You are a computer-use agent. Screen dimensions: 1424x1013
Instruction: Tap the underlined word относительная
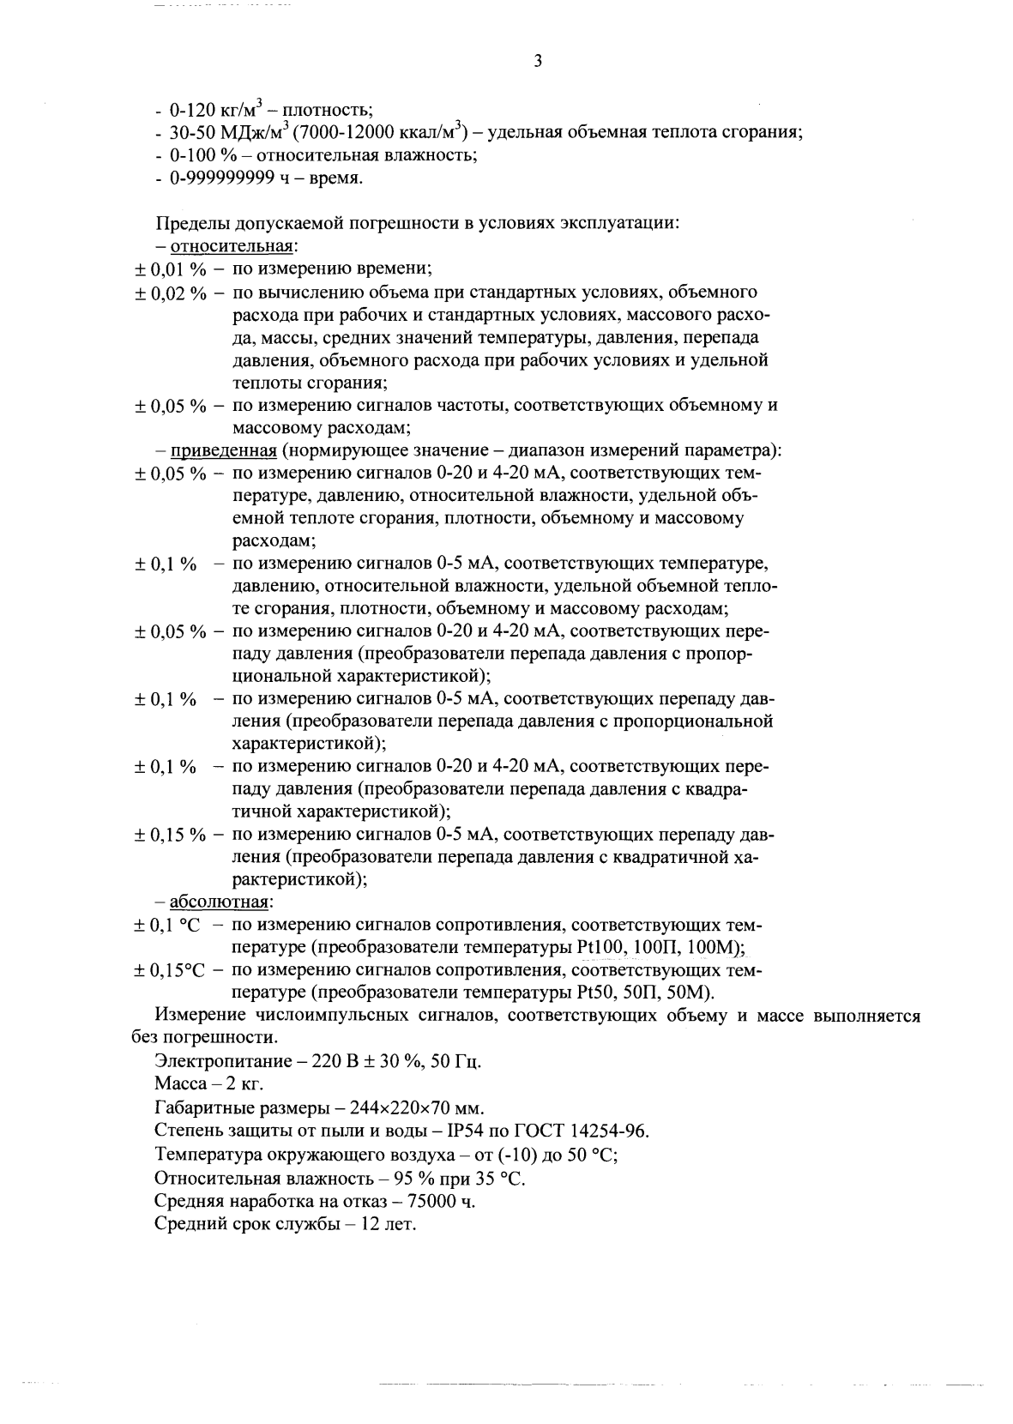(232, 246)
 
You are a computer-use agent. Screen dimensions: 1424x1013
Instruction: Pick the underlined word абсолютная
(220, 902)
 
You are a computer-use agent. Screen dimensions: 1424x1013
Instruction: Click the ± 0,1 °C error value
(167, 925)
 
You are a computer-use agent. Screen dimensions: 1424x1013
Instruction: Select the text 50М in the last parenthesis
(690, 993)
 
